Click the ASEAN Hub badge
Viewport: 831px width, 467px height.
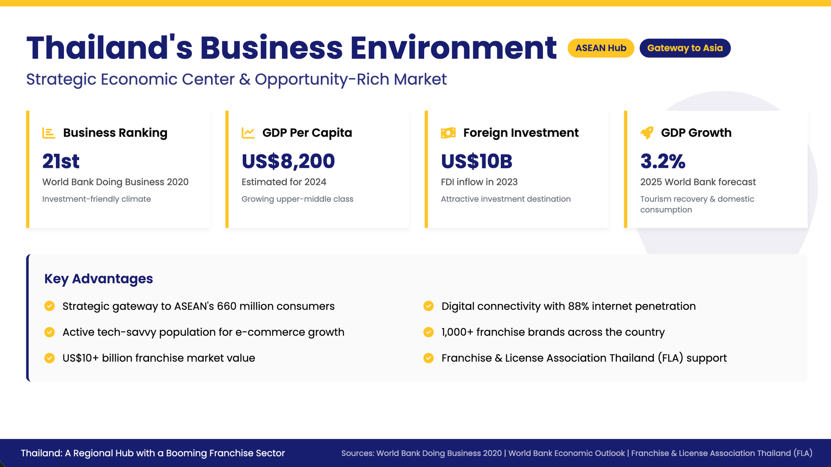pos(601,48)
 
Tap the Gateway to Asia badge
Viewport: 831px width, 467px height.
pos(685,48)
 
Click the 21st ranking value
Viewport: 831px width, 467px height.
pos(61,161)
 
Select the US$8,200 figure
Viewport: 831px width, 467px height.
pos(288,161)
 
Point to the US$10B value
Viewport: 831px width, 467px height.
pos(477,161)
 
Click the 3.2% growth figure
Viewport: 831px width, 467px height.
pos(663,161)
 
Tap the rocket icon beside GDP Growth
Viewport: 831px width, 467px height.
pos(647,133)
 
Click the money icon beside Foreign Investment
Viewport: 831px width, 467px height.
pos(448,133)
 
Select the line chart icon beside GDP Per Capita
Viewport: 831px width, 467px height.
pos(248,133)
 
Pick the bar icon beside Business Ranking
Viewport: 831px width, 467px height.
pos(48,133)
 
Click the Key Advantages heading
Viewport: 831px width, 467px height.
pos(99,279)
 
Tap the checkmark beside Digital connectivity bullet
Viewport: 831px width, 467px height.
pos(428,306)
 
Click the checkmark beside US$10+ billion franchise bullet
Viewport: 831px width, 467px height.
pos(50,358)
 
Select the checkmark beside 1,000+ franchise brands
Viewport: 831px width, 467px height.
pos(428,332)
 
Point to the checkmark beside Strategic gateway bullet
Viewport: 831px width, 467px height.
pos(50,306)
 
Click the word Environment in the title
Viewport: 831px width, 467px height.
pos(454,48)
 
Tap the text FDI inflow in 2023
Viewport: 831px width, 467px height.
pos(479,182)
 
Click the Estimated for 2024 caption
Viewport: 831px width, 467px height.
pos(284,182)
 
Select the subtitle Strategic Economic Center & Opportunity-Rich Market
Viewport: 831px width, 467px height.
pos(236,79)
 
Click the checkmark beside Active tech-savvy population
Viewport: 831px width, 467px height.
pos(50,332)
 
